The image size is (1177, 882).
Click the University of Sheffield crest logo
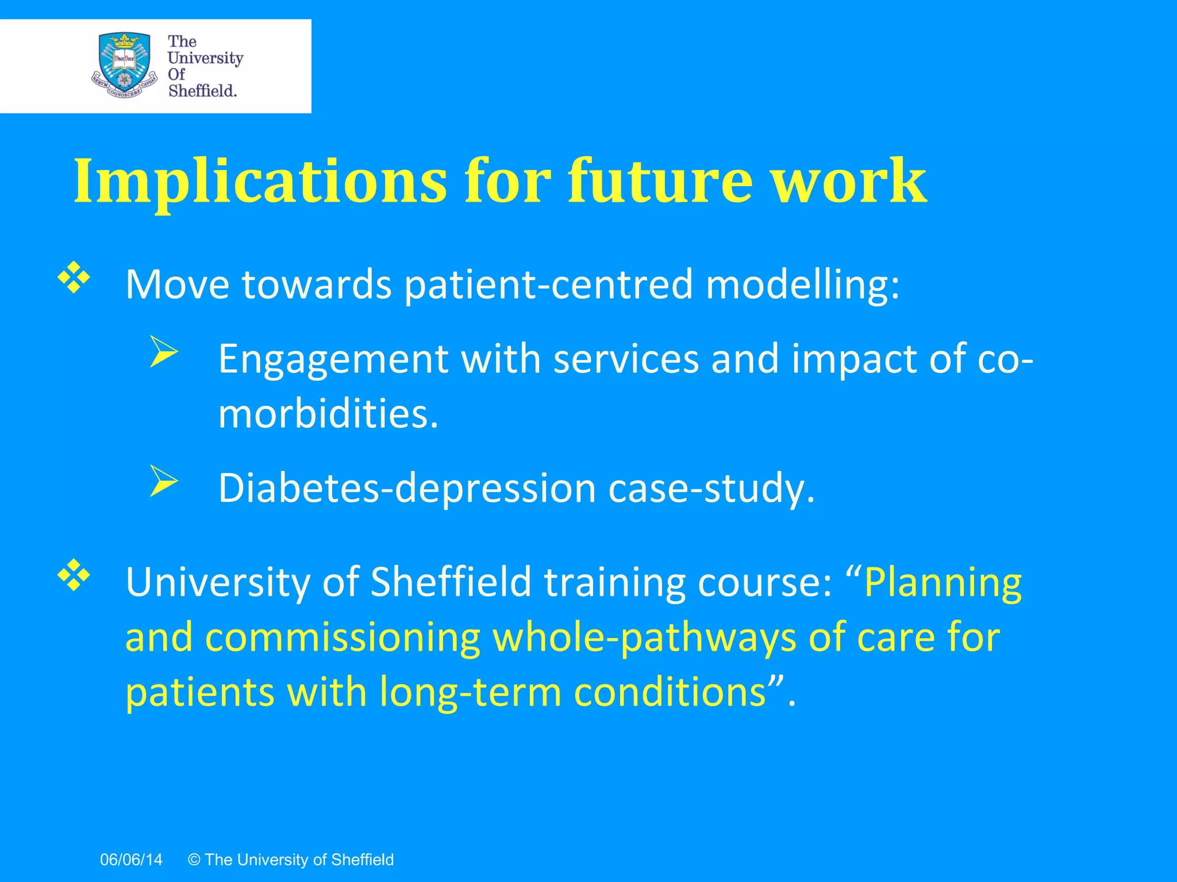coord(124,65)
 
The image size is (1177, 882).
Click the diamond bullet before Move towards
coord(74,278)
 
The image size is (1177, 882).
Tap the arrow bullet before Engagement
coord(163,351)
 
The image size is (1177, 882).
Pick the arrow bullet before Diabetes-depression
coord(163,481)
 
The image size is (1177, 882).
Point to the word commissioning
coord(343,639)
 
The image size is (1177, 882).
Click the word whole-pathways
coord(644,639)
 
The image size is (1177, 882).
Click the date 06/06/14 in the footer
coord(131,860)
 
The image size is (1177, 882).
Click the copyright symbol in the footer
coord(194,860)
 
